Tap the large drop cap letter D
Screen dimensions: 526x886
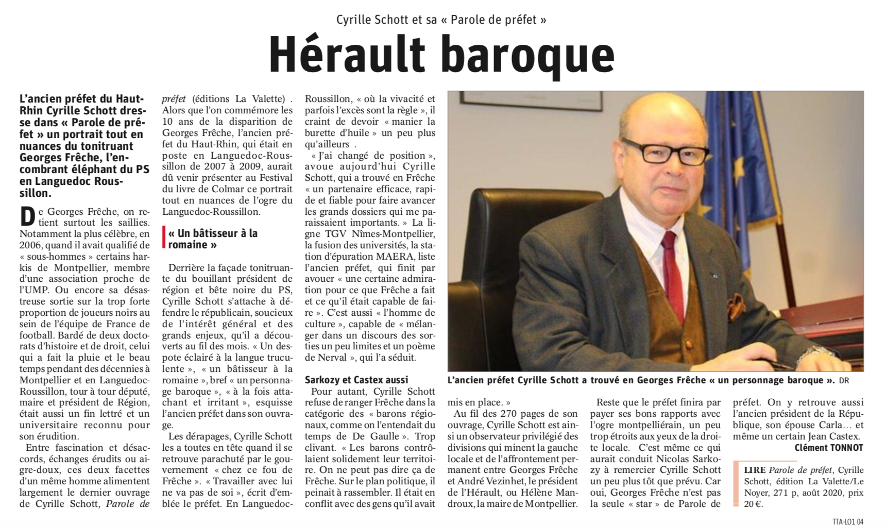pyautogui.click(x=27, y=216)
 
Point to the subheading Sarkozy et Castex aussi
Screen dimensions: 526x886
pyautogui.click(x=356, y=380)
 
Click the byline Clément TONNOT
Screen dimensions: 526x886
pyautogui.click(x=828, y=448)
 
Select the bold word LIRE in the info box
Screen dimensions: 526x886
pyautogui.click(x=755, y=470)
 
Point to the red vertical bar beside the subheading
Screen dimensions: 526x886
pyautogui.click(x=164, y=239)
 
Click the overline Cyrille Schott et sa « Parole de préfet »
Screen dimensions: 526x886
pyautogui.click(x=441, y=20)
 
